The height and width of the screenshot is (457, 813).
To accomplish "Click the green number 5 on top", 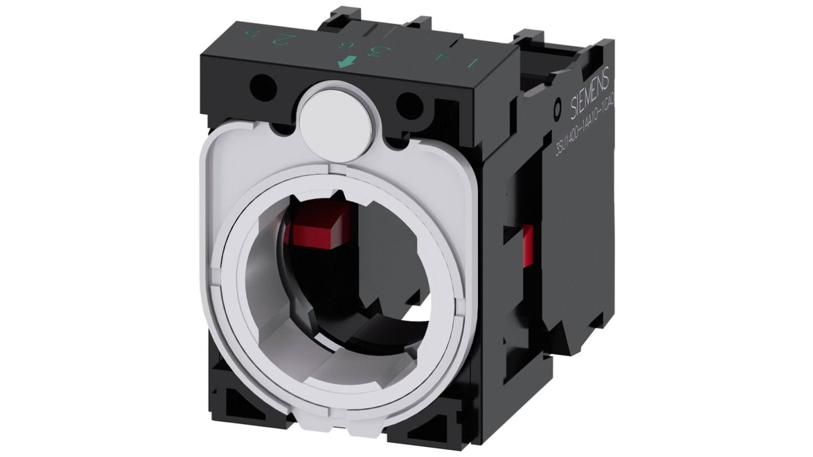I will [250, 33].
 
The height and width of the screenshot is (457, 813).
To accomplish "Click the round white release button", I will [336, 121].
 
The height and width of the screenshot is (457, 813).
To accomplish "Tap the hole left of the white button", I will [263, 88].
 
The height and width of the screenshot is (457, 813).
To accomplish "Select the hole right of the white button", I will [409, 105].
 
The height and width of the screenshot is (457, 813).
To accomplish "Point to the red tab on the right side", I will [527, 245].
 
